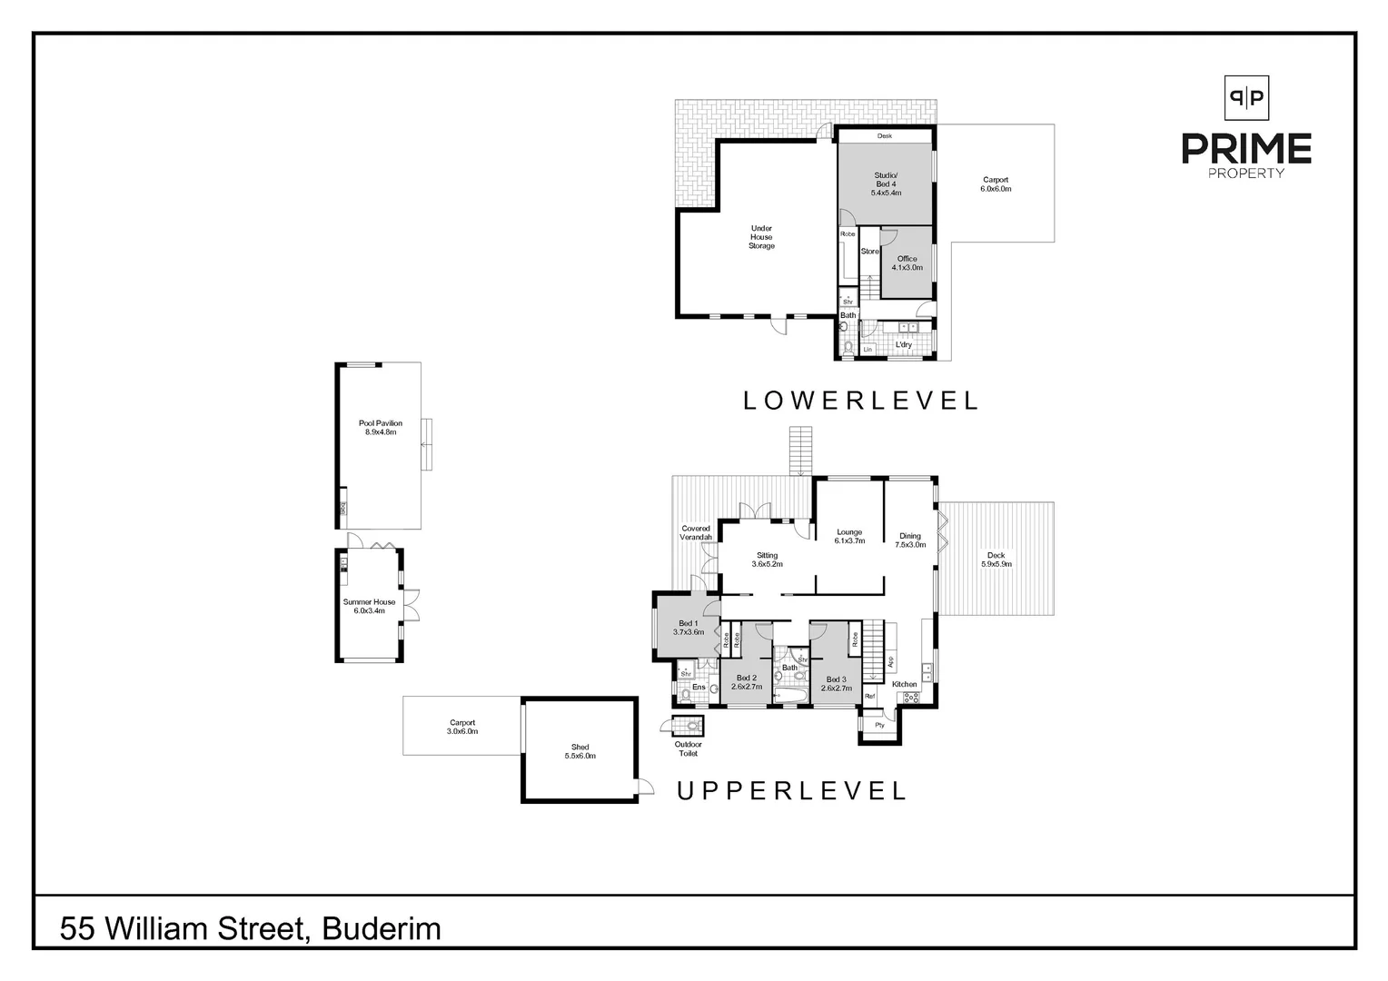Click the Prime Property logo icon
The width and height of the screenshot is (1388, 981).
pos(1246,97)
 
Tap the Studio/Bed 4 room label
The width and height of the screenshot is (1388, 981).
pos(884,184)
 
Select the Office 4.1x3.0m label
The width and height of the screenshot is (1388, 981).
pos(907,263)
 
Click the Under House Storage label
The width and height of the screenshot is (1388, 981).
pos(761,237)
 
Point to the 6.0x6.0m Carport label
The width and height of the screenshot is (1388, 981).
pos(996,184)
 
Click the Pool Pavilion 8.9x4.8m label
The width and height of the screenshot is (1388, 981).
pos(381,428)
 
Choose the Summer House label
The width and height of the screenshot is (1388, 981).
pos(369,606)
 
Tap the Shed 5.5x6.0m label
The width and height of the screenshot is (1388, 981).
pos(580,751)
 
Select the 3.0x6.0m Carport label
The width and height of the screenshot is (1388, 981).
pos(461,727)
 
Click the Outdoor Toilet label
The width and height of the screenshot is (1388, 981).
pos(688,748)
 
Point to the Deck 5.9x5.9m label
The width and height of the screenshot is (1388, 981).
pos(996,560)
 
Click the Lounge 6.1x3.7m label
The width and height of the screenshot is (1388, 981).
pos(849,536)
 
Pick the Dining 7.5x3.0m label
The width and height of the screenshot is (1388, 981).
pos(910,540)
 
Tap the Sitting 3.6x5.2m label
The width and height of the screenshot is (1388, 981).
pos(767,560)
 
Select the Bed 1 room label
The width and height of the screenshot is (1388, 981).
pos(688,627)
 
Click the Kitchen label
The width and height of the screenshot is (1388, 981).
pos(904,684)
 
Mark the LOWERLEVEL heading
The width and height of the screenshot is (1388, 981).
pos(861,401)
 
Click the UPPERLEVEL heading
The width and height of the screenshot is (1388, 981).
pos(792,791)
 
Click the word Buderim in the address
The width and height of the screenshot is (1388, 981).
pos(382,929)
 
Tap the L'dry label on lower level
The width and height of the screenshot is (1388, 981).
pos(904,345)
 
